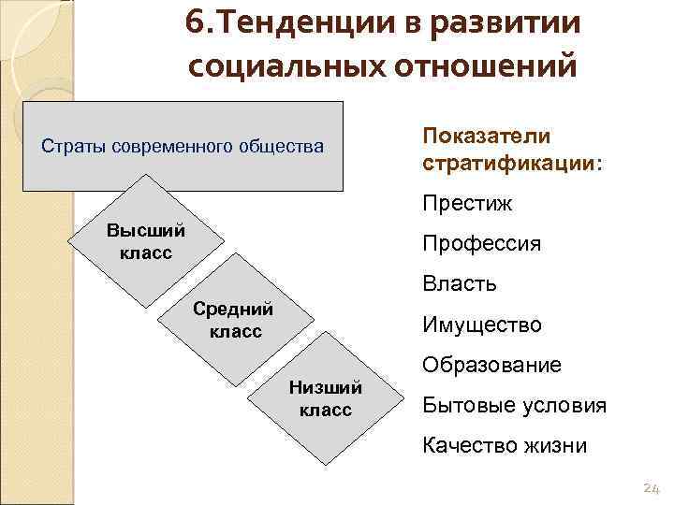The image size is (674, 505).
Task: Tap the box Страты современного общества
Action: (184, 147)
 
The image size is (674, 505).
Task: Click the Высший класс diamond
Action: (146, 241)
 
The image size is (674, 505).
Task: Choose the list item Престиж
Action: (467, 203)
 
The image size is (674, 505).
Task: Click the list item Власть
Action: (460, 283)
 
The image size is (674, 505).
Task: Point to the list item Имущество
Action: (482, 325)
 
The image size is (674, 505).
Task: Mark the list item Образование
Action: (491, 365)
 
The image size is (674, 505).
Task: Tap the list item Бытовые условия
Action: (514, 405)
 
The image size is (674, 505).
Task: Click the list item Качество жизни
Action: (505, 445)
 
